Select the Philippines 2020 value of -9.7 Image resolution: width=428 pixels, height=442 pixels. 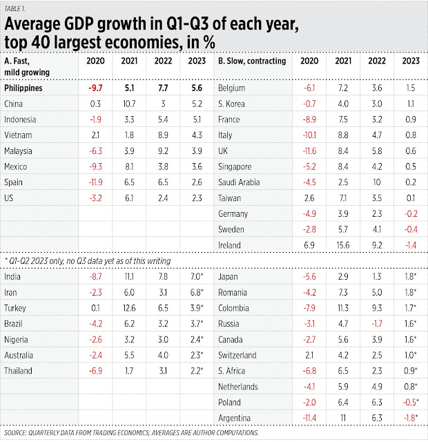tap(94, 88)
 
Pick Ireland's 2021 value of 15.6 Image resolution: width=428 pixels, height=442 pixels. tap(340, 245)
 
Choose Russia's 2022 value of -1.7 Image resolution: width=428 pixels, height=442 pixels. tap(373, 323)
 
